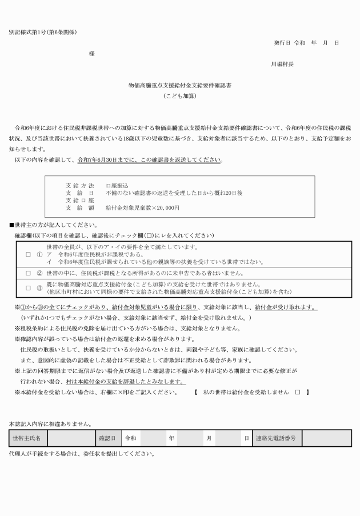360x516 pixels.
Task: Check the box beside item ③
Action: click(28, 288)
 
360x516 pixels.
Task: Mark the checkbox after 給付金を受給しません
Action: click(297, 393)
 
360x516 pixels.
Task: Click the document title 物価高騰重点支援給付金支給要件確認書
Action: click(179, 85)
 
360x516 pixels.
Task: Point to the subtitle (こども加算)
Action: click(179, 96)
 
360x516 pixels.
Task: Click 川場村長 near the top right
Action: click(282, 65)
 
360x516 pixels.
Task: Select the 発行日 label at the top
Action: click(282, 43)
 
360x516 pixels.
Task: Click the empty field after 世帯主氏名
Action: click(70, 438)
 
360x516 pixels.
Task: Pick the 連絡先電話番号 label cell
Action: click(277, 438)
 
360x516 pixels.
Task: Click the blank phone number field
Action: click(326, 438)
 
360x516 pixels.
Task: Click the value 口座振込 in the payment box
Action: click(117, 186)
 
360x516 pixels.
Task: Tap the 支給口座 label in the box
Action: click(80, 201)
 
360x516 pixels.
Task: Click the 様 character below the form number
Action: click(91, 54)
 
